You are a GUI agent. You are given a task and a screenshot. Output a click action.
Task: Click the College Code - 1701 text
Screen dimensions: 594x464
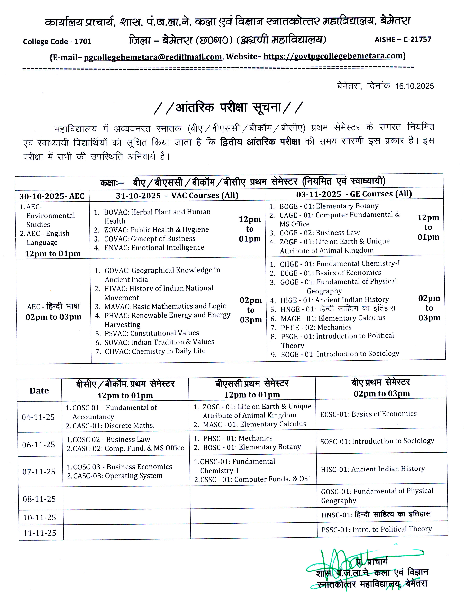(57, 42)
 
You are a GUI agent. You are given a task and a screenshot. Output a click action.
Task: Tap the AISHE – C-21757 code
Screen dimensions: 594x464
(403, 40)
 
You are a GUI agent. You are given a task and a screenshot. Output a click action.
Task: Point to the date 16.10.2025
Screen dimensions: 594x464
(414, 86)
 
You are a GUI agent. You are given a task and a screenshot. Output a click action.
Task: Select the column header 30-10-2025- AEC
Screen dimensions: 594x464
(52, 196)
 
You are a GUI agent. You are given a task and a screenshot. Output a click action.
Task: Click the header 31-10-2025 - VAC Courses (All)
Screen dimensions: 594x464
(177, 195)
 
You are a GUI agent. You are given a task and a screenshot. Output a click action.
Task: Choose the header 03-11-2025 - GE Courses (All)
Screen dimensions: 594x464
(354, 194)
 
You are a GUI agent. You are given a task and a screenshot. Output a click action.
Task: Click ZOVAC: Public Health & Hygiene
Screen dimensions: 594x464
(156, 230)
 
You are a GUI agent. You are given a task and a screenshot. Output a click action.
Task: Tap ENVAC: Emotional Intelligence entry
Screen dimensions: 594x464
(154, 247)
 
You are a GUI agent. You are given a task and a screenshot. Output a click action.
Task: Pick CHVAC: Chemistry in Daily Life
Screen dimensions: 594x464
(155, 351)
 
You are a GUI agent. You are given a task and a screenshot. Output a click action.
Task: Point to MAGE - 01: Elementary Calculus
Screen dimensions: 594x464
(333, 318)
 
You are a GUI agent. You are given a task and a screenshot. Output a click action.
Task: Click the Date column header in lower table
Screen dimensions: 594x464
(39, 391)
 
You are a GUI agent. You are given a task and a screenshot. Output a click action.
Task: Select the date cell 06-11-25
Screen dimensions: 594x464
(39, 444)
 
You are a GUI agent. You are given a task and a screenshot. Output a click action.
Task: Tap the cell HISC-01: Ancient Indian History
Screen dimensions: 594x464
(373, 469)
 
